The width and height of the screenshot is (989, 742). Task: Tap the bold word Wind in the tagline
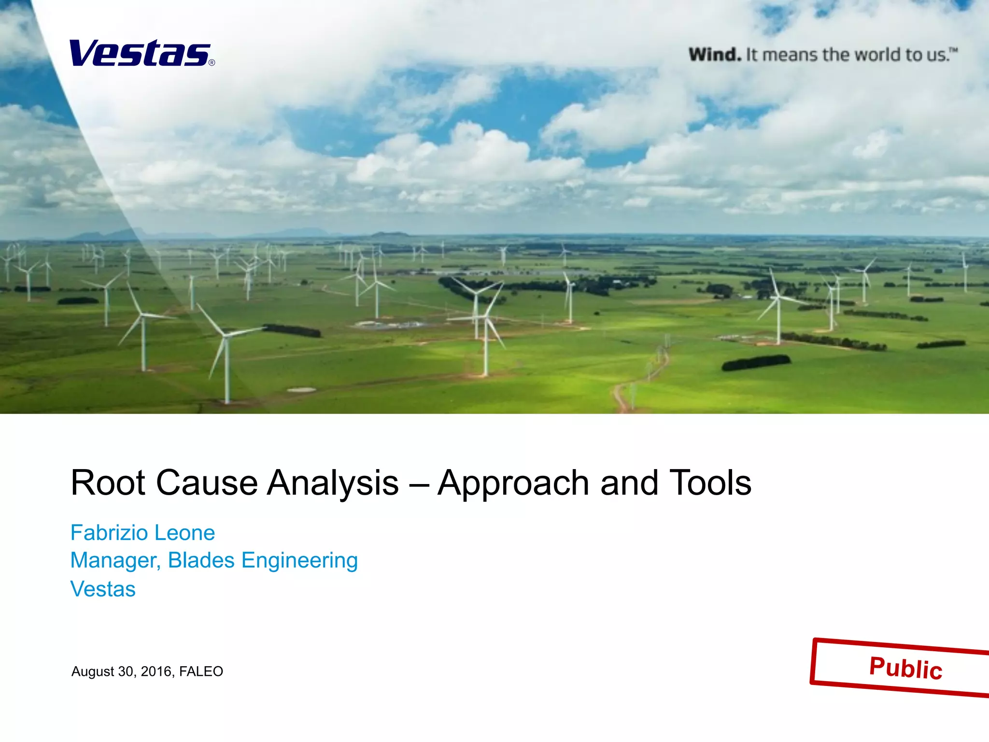point(715,55)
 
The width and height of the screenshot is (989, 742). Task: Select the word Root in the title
point(108,483)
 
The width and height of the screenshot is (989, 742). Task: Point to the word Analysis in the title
point(333,483)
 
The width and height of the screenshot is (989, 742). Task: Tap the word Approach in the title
point(513,484)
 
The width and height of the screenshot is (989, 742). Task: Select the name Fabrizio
point(109,533)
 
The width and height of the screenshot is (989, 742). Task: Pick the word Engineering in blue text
point(299,561)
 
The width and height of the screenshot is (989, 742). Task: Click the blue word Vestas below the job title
point(103,589)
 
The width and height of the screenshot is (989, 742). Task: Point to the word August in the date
point(93,672)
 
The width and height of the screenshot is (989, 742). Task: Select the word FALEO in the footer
point(201,671)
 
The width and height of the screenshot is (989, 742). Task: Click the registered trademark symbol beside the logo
point(212,63)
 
